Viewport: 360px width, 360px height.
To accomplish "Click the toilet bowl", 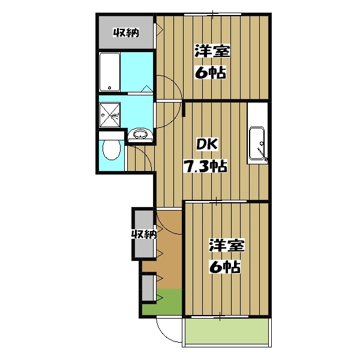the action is tap(112, 149).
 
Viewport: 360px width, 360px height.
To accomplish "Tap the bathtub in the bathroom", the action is tap(110, 72).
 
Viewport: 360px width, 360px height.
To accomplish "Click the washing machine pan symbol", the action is tap(110, 115).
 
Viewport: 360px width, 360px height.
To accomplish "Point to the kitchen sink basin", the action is tap(257, 143).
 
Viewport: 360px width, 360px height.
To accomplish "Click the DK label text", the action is tap(206, 145).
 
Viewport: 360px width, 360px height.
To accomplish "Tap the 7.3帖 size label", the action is tap(205, 166).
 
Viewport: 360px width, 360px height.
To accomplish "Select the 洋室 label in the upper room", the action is tap(212, 51).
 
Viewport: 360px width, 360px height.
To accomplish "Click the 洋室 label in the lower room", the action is tap(227, 245).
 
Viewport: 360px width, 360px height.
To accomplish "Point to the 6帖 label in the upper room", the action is tap(211, 73).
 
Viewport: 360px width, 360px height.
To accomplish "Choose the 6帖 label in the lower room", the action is tap(225, 266).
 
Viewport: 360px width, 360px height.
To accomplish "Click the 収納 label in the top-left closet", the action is tap(126, 33).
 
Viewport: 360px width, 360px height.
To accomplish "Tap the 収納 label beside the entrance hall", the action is tap(144, 235).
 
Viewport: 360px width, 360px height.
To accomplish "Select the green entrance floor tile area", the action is tap(161, 302).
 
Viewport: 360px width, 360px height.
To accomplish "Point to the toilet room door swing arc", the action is tap(145, 154).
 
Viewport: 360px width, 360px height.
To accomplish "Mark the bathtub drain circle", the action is tap(110, 88).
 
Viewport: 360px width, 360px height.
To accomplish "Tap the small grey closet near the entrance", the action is tap(148, 288).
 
